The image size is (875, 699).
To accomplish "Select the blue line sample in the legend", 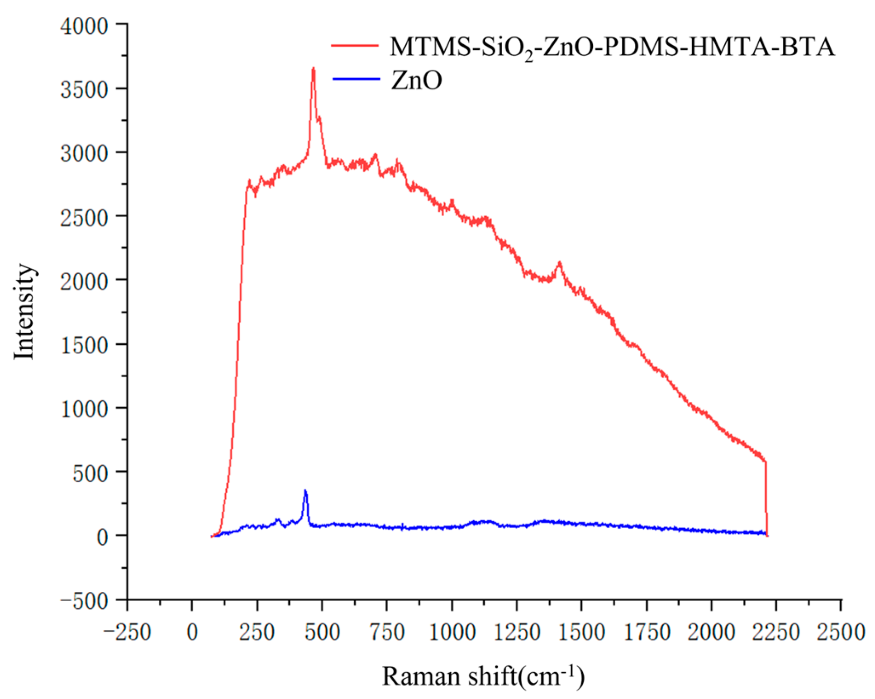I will (356, 80).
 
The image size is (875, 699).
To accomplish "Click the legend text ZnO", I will (416, 81).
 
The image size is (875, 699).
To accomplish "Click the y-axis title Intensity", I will (24, 311).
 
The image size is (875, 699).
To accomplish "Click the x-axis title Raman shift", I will (483, 677).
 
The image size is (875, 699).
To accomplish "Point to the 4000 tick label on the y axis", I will (84, 26).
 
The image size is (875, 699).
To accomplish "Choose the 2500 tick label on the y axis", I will (84, 218).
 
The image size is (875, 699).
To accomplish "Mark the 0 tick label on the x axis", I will (192, 632).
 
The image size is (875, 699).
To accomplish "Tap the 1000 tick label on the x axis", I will (452, 632).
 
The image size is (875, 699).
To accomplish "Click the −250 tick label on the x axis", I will (127, 632).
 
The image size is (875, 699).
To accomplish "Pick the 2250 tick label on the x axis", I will (776, 632).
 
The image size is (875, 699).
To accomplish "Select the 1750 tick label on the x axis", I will (647, 632).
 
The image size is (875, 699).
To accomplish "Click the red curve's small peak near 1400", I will (560, 263).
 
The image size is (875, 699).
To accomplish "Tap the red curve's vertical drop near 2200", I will (766, 498).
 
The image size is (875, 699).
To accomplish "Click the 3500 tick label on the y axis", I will (84, 90).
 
